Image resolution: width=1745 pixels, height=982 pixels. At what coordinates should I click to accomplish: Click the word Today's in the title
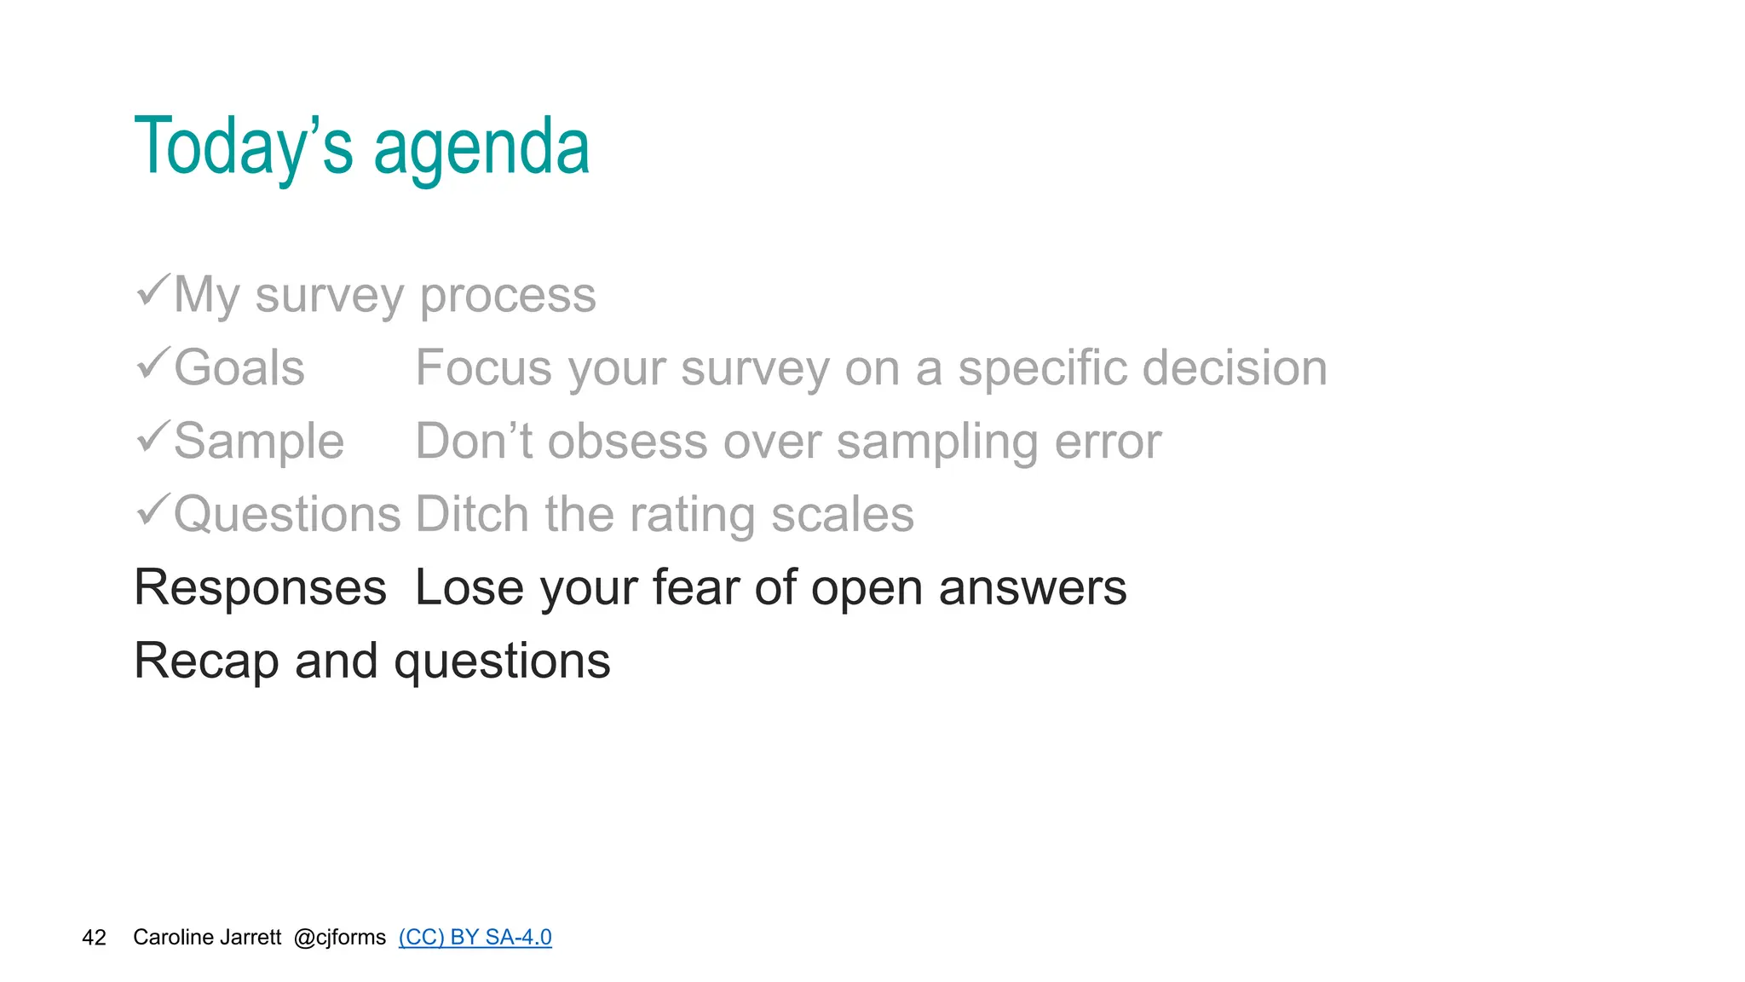pos(243,147)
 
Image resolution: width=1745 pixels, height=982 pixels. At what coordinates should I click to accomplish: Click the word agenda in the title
pos(481,149)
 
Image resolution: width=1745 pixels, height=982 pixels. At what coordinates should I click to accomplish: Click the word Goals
pos(239,368)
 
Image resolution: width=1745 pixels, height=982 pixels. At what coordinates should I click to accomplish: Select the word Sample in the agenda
pos(259,442)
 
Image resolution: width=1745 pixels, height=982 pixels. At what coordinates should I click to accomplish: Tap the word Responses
pos(261,588)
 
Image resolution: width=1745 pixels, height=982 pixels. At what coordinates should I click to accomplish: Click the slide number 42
pos(94,938)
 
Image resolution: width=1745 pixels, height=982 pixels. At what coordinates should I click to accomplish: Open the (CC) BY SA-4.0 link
pos(475,938)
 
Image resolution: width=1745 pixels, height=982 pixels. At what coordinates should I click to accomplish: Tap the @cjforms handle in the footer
pos(339,938)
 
